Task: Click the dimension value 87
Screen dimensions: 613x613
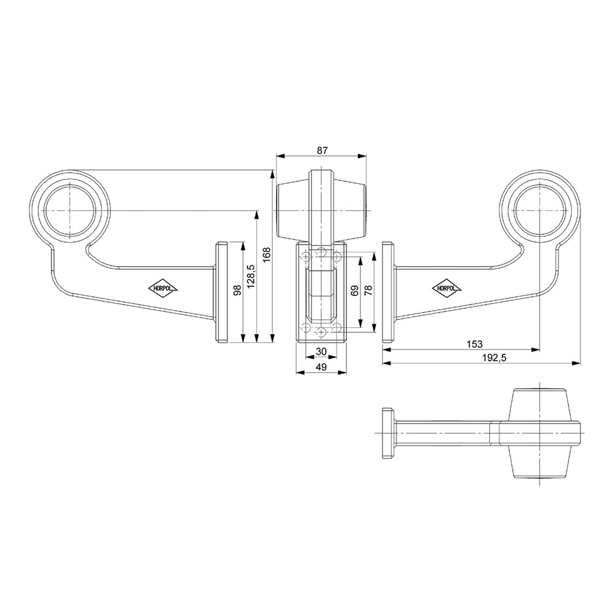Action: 322,150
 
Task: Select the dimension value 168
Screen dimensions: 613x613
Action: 267,255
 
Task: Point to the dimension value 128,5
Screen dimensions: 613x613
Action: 251,276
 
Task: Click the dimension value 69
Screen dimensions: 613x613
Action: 354,291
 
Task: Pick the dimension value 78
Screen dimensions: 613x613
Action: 368,291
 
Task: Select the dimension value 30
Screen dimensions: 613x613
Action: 321,351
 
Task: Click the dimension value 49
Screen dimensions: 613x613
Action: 321,367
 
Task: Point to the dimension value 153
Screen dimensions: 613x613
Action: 474,344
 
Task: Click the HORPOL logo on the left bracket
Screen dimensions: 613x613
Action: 162,289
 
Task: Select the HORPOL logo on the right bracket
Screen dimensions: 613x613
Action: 446,288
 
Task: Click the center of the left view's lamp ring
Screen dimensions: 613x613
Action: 70,210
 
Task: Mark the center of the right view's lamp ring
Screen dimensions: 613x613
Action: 540,210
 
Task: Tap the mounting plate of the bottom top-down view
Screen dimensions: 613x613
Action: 387,433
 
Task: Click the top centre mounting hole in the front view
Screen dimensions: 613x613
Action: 321,251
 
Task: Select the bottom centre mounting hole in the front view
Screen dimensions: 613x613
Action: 321,333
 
